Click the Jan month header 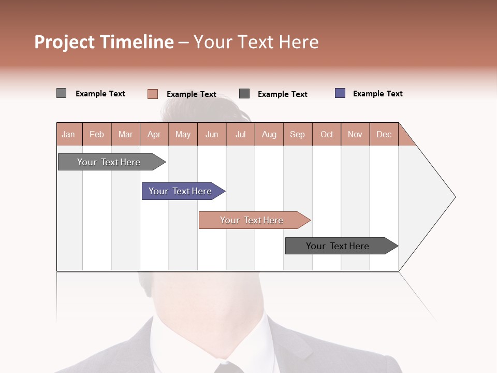pos(69,134)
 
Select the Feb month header pos(97,134)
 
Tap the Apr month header pos(154,134)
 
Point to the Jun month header pos(212,134)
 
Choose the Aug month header pos(269,134)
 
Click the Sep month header pos(298,134)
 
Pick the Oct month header pos(327,134)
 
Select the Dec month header pos(384,134)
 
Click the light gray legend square pos(62,93)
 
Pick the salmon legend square pos(153,94)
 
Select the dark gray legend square pos(244,94)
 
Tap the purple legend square pos(340,93)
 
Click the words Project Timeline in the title pos(104,42)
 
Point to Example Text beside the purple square pos(377,94)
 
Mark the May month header pos(183,134)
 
